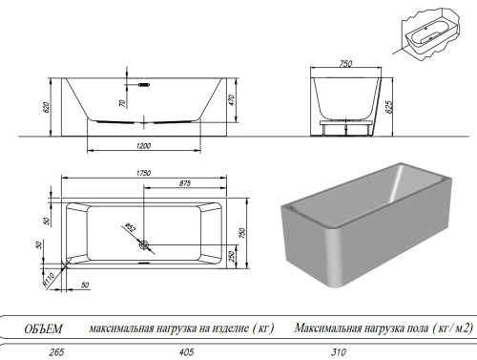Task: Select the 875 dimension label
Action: tap(179, 183)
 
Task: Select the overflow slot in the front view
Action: tap(144, 84)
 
